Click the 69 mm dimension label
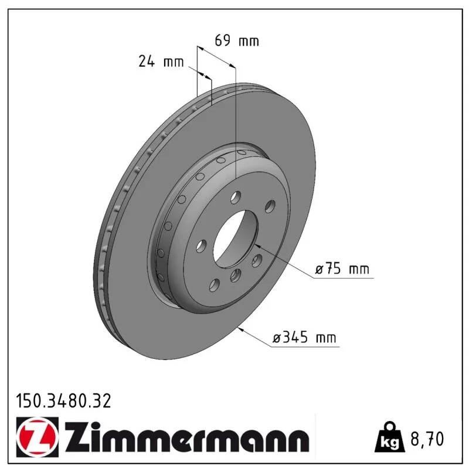tap(237, 40)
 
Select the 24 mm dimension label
tap(161, 62)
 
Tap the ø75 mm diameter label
tap(342, 269)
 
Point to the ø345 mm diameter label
tap(304, 337)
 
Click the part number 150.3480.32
tap(63, 401)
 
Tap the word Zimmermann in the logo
tap(187, 437)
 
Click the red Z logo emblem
tap(38, 437)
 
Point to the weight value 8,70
tap(427, 439)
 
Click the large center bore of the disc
tap(236, 238)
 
